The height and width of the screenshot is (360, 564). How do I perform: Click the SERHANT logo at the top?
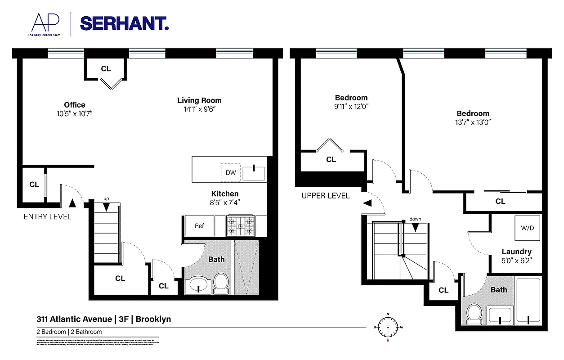click(124, 23)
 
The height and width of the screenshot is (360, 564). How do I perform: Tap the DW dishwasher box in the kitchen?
click(230, 173)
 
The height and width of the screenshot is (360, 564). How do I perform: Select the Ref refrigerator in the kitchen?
click(199, 226)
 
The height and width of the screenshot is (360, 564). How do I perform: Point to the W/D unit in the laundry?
click(527, 228)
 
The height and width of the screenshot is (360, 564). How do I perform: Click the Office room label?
click(74, 105)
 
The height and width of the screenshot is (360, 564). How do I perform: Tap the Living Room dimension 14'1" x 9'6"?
click(199, 109)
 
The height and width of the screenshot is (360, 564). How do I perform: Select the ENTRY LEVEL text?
click(47, 217)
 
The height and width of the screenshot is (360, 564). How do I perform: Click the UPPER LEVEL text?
click(325, 196)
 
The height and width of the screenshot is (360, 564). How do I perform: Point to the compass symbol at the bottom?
click(387, 326)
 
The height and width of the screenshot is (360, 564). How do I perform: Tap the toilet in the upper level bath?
click(474, 313)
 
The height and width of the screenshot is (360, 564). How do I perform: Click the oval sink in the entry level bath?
click(198, 285)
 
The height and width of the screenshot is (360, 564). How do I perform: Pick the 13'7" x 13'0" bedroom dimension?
click(473, 122)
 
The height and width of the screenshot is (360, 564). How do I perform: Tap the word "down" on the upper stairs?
click(415, 219)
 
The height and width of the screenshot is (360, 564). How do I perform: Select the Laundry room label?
click(516, 252)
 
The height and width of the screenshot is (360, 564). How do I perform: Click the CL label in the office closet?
click(106, 69)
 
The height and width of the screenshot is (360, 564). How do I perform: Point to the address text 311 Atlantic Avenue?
click(74, 319)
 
